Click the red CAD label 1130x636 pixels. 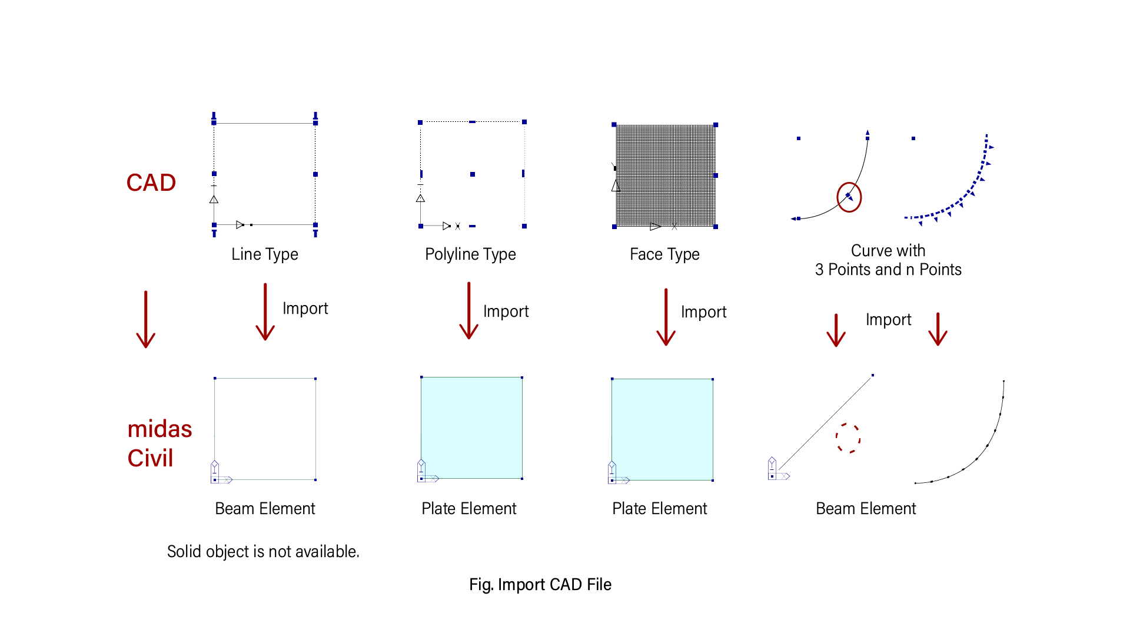(x=151, y=183)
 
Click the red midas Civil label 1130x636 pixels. (x=159, y=443)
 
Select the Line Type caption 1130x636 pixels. (x=264, y=254)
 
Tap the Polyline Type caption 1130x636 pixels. (x=470, y=254)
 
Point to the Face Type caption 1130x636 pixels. (x=664, y=254)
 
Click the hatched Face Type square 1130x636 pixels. (x=666, y=175)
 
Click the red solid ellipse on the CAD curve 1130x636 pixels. (x=849, y=197)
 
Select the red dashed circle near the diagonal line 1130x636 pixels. (x=848, y=438)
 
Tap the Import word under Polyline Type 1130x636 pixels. (x=506, y=311)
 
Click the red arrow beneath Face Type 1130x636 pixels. (x=666, y=317)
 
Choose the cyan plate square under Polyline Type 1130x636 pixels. (x=471, y=428)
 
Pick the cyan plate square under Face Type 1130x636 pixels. (x=662, y=429)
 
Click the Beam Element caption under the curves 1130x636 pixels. (x=865, y=508)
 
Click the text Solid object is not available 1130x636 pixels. (x=263, y=551)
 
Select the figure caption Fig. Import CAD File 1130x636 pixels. (x=540, y=584)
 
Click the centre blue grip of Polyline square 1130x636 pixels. (x=473, y=174)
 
